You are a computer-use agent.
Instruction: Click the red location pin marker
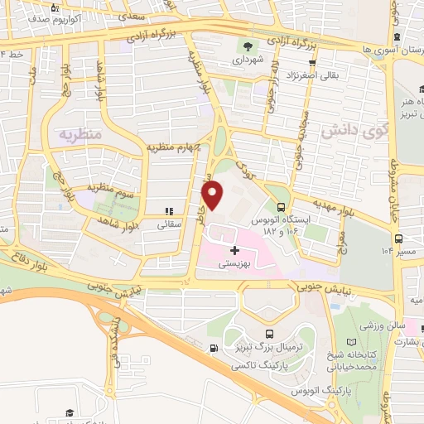point(214,195)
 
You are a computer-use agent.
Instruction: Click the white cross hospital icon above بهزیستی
point(234,249)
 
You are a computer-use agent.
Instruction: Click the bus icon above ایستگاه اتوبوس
point(281,208)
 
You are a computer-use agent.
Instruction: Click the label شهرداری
point(246,60)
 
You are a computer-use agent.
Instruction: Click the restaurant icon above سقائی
point(169,212)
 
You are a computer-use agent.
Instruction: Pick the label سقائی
point(170,224)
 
